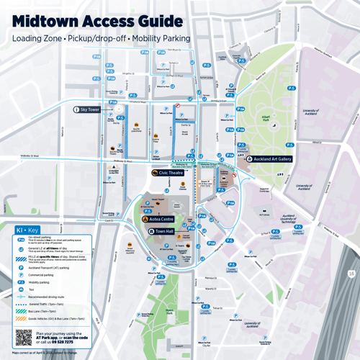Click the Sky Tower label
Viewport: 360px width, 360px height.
point(90,109)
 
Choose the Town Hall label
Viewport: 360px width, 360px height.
point(164,231)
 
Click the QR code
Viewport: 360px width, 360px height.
point(22,336)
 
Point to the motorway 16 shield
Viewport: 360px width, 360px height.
point(350,273)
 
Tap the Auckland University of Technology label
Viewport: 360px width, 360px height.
point(288,219)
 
